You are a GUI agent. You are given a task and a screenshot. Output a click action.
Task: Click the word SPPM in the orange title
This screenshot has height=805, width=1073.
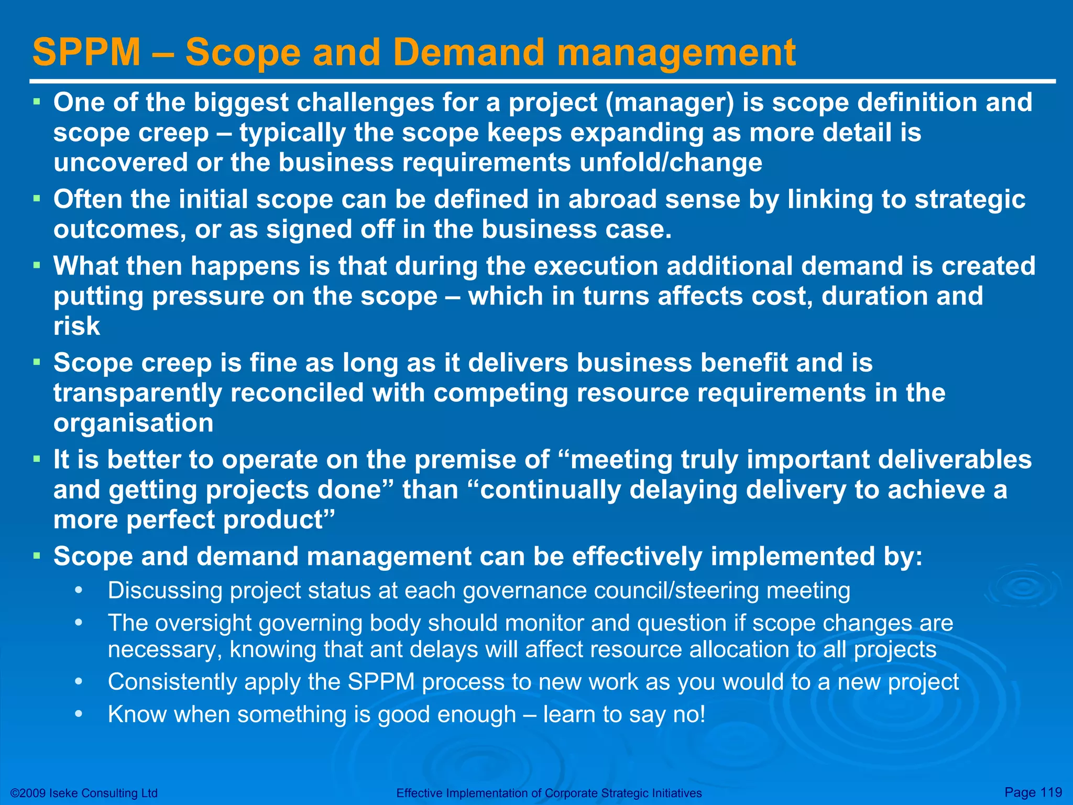coord(86,52)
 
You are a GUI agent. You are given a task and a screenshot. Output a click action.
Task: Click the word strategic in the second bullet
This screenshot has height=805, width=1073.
coord(969,200)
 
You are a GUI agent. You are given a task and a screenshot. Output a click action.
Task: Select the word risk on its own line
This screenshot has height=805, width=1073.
coord(76,327)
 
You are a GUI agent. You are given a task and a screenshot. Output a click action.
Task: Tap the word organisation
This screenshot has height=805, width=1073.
coord(133,423)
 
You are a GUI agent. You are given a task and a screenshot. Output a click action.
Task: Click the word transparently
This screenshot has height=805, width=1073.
coord(137,393)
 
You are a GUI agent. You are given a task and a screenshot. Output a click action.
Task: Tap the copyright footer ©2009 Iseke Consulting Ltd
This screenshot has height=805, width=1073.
coord(84,793)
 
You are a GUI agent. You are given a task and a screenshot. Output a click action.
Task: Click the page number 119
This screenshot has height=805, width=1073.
coord(1050,792)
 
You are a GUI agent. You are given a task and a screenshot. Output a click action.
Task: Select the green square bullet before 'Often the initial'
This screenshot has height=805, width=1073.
coord(37,199)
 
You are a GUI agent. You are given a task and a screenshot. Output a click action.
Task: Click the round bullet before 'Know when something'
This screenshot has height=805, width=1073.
coord(79,714)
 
